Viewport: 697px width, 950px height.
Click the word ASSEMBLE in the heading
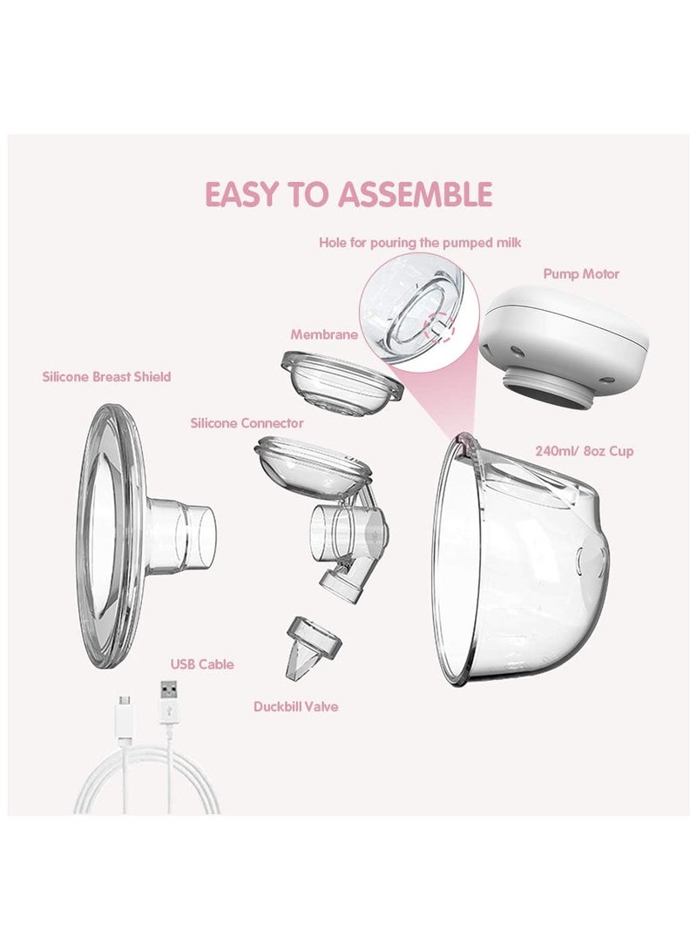[416, 194]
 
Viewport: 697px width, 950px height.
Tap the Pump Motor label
[580, 273]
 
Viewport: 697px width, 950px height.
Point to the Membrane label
[323, 334]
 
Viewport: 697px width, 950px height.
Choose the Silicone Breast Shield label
[106, 377]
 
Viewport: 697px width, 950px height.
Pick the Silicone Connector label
[247, 423]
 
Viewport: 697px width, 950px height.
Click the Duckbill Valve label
[295, 706]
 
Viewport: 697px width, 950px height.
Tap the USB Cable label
[202, 664]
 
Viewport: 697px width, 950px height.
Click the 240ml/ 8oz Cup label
[585, 451]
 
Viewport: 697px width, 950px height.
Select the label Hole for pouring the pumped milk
[420, 243]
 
